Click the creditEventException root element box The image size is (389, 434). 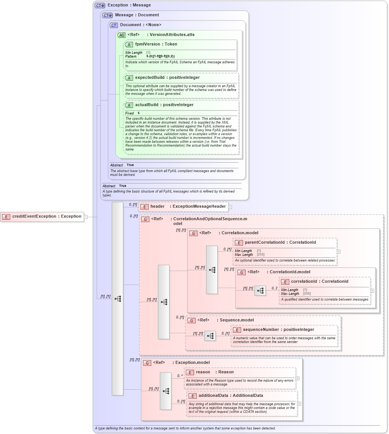[x=42, y=216]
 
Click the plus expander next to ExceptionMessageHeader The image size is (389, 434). [x=230, y=207]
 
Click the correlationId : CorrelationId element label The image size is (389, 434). [x=319, y=282]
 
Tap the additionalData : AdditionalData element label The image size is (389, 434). [x=231, y=396]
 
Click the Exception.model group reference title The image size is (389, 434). [x=192, y=363]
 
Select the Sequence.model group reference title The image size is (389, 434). [x=237, y=320]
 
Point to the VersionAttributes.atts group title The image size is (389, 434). [x=172, y=35]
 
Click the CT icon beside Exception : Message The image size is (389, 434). [x=100, y=5]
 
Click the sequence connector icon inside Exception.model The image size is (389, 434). [x=166, y=391]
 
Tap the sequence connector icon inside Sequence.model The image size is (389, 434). [x=210, y=336]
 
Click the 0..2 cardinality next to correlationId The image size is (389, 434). [x=274, y=288]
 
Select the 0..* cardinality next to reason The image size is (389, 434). [x=180, y=376]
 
